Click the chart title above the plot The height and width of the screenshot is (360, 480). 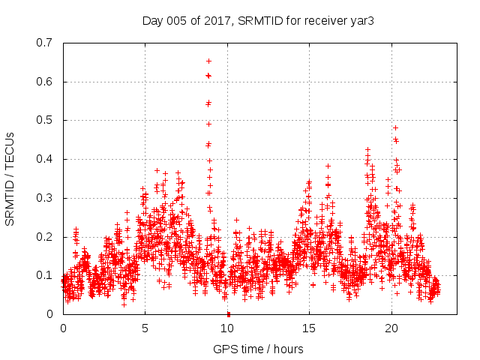tap(258, 20)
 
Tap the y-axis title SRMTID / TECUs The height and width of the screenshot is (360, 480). tap(10, 178)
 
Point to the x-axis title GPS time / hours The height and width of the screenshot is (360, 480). tap(258, 349)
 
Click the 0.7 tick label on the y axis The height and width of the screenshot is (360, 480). tap(46, 43)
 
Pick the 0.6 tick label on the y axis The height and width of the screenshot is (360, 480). tap(46, 82)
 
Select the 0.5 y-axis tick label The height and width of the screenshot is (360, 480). tap(46, 120)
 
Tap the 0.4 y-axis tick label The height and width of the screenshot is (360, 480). tap(46, 159)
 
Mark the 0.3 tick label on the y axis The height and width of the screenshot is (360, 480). tap(46, 198)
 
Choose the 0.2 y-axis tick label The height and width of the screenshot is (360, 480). tap(46, 237)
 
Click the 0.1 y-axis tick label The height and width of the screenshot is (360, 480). tap(46, 275)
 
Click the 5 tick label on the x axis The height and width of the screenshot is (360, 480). tap(145, 328)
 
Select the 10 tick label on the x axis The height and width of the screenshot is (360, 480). tap(228, 328)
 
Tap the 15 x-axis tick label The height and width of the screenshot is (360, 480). tap(310, 328)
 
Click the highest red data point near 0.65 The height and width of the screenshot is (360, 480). tap(208, 61)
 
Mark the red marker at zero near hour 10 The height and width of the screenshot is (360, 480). tap(228, 313)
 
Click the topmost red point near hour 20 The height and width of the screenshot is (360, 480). tap(395, 127)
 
